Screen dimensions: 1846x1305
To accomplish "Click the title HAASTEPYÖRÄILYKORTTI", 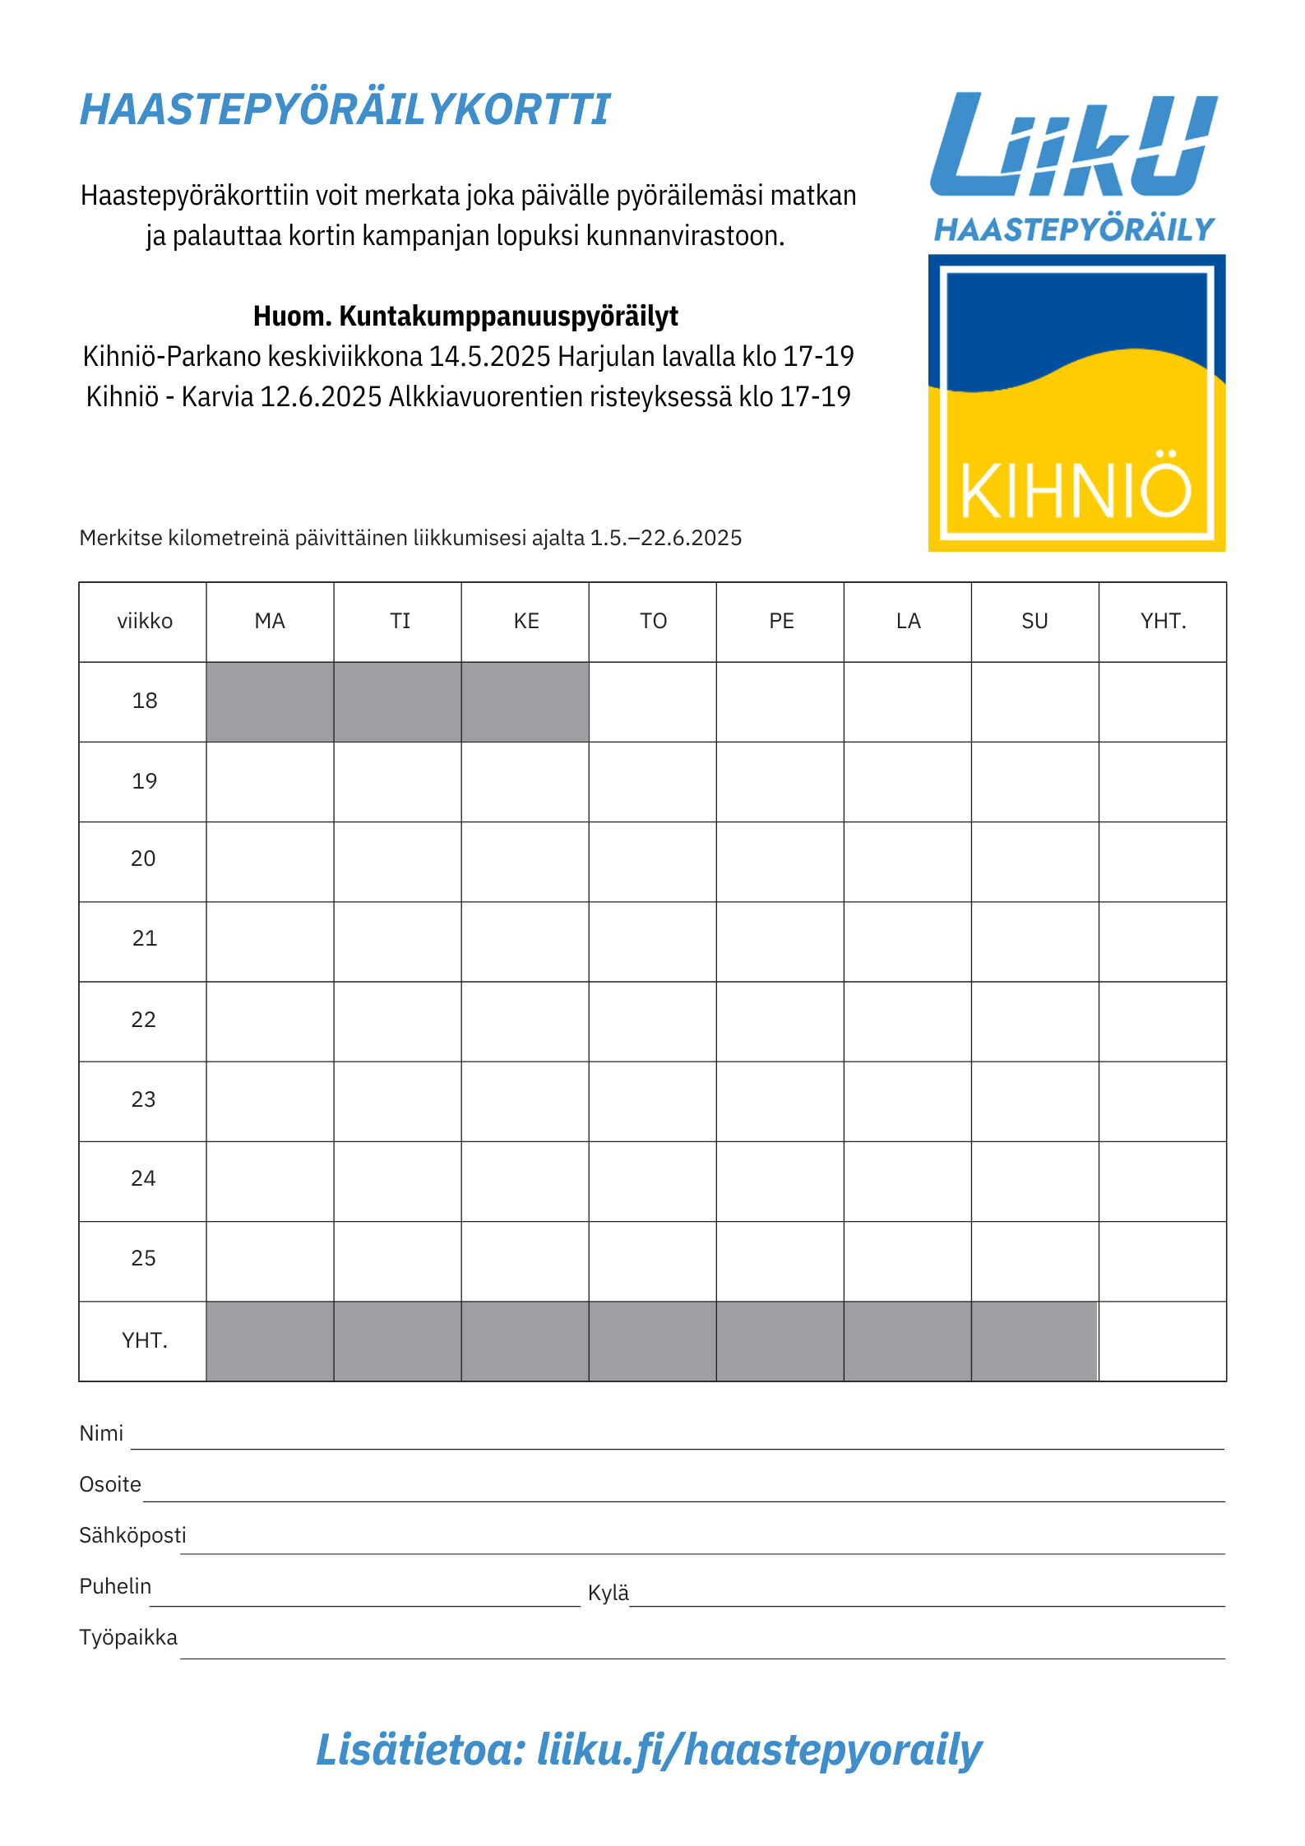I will pyautogui.click(x=345, y=109).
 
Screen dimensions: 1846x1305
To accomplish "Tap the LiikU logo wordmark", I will pyautogui.click(x=1073, y=146).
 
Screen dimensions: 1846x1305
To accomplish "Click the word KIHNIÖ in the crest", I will pyautogui.click(x=1076, y=491).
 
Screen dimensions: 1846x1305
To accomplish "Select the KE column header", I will pyautogui.click(x=526, y=622).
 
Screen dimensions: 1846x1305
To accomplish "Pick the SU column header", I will pyautogui.click(x=1034, y=622).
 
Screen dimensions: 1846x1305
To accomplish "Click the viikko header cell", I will pyautogui.click(x=144, y=622).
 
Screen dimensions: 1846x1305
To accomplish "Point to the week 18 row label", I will pyautogui.click(x=144, y=701).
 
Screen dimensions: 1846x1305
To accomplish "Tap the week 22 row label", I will pyautogui.click(x=143, y=1020).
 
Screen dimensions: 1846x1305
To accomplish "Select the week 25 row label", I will pyautogui.click(x=143, y=1258).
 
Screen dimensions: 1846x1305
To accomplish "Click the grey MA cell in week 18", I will pyautogui.click(x=270, y=701).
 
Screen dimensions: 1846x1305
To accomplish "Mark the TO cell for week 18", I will pyautogui.click(x=652, y=701).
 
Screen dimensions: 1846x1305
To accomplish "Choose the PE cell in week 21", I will pyautogui.click(x=780, y=941).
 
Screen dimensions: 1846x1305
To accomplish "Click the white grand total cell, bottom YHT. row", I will pyautogui.click(x=1162, y=1340).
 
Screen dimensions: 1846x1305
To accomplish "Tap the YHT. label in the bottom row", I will pyautogui.click(x=144, y=1340).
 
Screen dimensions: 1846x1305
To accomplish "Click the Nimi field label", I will pyautogui.click(x=101, y=1433).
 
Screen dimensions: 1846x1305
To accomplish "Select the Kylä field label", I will pyautogui.click(x=608, y=1593).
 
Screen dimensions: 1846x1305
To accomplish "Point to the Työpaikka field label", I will pyautogui.click(x=128, y=1637).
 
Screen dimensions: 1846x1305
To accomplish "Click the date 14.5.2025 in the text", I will pyautogui.click(x=489, y=356).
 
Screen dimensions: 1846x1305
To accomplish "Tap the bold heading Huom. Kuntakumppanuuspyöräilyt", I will pyautogui.click(x=465, y=316).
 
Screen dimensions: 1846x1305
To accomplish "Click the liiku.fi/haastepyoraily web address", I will pyautogui.click(x=759, y=1749).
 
